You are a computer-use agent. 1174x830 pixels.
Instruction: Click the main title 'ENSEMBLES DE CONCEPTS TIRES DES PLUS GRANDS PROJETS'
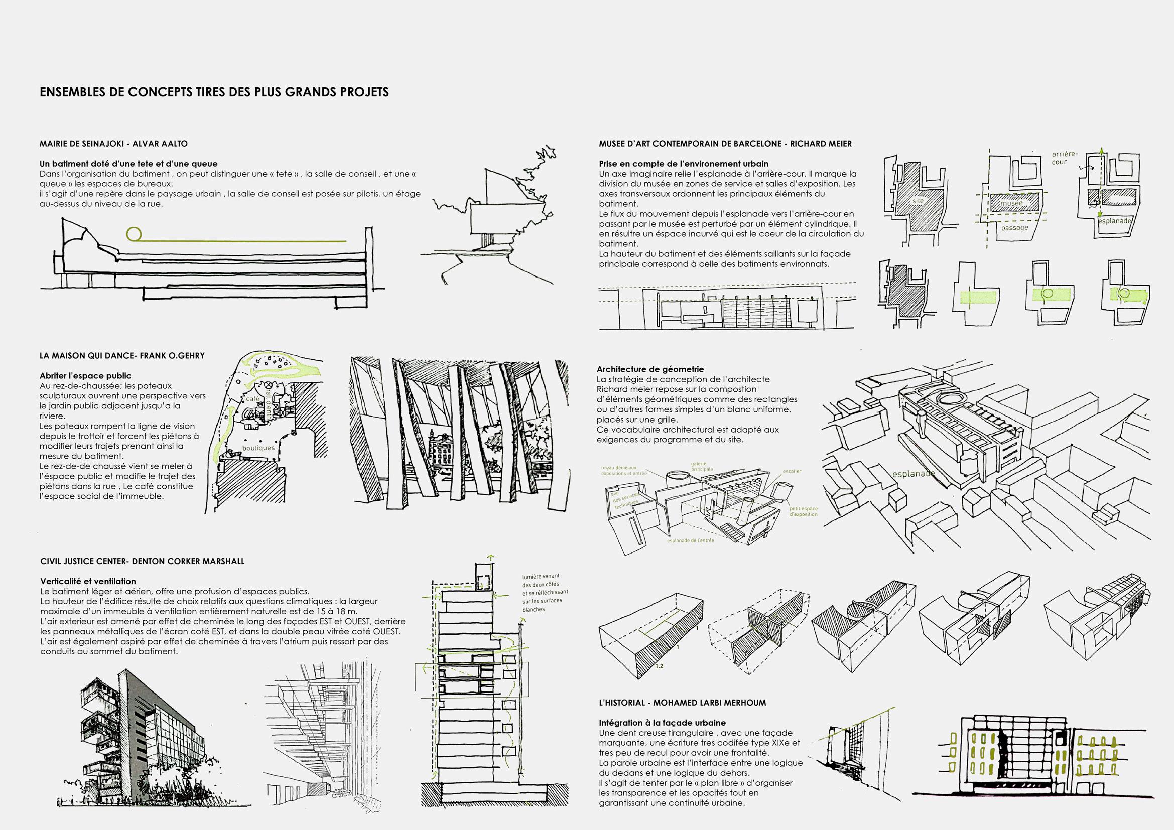click(214, 92)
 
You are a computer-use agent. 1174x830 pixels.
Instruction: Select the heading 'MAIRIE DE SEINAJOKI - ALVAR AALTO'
click(113, 144)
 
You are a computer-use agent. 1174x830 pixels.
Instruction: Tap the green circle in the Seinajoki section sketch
click(134, 234)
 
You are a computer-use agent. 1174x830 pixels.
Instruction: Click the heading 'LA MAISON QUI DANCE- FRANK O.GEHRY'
click(122, 356)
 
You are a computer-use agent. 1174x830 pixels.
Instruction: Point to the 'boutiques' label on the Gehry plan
click(258, 448)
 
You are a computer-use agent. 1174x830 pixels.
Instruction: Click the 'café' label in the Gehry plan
click(252, 398)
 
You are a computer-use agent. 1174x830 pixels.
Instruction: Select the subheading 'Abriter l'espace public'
click(85, 376)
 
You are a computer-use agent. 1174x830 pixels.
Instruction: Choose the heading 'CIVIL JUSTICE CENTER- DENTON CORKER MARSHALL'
click(143, 561)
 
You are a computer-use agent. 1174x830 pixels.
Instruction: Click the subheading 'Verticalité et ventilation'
click(88, 581)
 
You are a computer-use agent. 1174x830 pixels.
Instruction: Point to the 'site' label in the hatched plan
click(918, 201)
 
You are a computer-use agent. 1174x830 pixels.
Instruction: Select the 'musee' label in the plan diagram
click(1011, 203)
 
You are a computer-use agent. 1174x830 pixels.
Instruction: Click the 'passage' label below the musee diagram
click(1014, 228)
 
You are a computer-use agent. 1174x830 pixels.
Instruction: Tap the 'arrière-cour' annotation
click(1064, 158)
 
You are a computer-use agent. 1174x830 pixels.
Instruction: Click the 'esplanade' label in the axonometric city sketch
click(913, 474)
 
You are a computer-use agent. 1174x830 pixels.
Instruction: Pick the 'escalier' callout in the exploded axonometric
click(792, 471)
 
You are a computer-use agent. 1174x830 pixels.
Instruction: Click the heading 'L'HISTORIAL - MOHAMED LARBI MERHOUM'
click(682, 703)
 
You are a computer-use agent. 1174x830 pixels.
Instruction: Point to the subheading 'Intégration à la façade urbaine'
click(662, 723)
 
